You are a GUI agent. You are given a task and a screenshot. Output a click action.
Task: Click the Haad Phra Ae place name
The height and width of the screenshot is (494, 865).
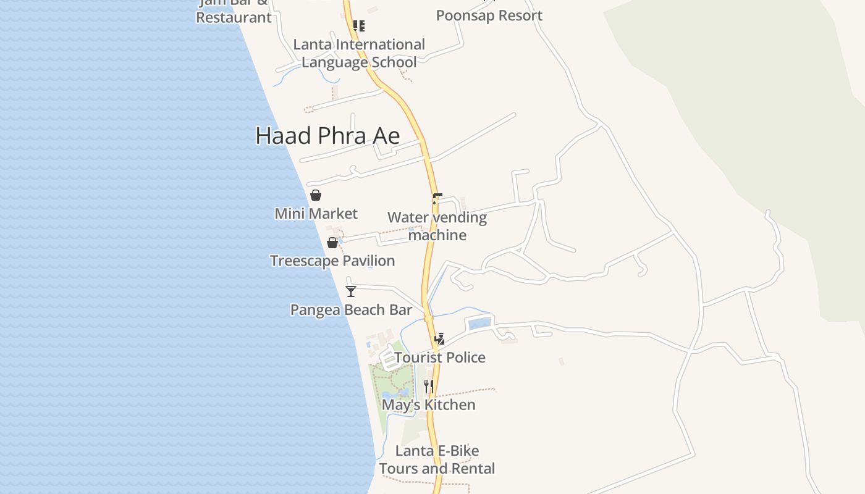point(327,136)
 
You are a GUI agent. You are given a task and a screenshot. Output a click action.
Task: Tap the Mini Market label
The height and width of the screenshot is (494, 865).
point(316,214)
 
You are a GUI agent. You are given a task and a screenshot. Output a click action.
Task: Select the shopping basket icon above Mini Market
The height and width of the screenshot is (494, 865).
point(316,195)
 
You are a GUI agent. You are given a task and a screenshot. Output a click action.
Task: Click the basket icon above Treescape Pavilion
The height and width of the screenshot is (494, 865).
point(332,243)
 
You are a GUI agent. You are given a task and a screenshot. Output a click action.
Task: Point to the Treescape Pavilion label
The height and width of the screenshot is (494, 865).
point(332,261)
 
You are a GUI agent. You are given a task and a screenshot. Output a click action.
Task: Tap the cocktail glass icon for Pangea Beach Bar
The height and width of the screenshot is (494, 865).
point(351,291)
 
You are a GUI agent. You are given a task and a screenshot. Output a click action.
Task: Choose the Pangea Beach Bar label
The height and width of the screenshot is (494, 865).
point(351,309)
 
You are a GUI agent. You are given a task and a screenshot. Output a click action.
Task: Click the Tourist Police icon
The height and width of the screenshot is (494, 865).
point(439,338)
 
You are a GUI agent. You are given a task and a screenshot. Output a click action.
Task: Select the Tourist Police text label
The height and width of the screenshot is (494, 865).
point(439,357)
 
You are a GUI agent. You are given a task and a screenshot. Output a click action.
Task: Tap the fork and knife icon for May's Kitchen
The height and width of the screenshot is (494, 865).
point(428,387)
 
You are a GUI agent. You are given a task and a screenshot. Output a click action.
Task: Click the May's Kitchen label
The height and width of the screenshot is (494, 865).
point(428,404)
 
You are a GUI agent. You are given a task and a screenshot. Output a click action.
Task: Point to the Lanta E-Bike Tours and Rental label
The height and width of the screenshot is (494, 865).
point(437,459)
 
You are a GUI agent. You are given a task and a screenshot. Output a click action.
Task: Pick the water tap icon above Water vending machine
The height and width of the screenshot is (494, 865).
point(437,198)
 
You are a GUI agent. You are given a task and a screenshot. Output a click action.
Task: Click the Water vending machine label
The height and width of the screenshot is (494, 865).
point(437,226)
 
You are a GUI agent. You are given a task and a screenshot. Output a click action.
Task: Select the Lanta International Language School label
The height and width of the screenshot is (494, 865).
point(359,53)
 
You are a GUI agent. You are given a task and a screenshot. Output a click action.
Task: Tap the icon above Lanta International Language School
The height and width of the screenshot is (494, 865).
point(358,25)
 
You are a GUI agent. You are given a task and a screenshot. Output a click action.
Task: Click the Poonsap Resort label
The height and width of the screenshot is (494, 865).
point(489,15)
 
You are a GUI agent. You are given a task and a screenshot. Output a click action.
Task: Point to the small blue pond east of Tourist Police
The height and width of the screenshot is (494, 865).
point(479,323)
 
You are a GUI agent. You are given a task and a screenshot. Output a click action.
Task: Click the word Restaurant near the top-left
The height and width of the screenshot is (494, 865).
point(234,17)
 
